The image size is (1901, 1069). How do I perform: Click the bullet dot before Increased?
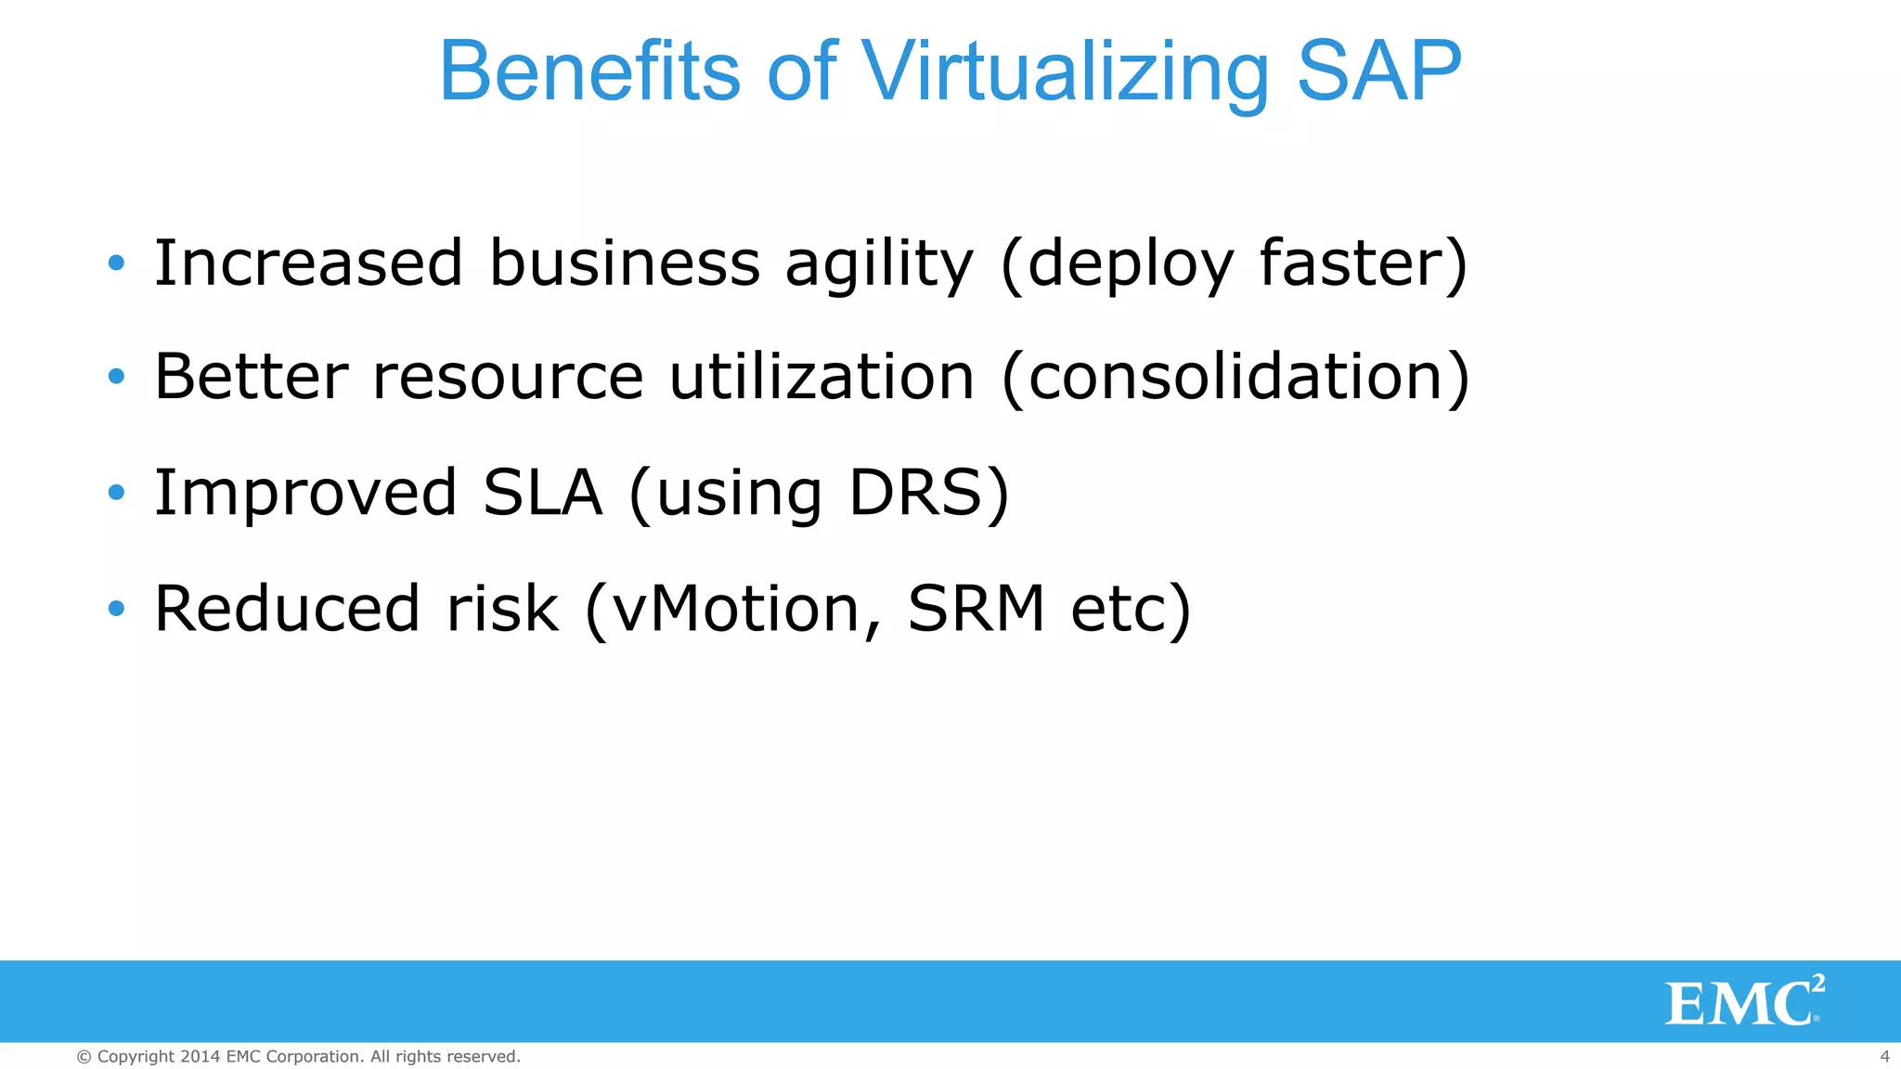point(116,264)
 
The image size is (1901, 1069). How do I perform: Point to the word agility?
point(879,264)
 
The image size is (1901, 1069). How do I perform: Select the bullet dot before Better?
point(116,377)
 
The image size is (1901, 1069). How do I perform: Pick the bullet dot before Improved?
point(116,493)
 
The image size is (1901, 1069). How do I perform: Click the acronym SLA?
point(542,493)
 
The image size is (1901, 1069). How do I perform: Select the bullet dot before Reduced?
point(116,609)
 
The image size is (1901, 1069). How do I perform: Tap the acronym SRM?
point(976,609)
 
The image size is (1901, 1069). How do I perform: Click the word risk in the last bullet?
point(502,609)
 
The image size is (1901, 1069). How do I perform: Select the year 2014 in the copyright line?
point(200,1057)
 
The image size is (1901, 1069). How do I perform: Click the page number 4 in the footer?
point(1884,1057)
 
